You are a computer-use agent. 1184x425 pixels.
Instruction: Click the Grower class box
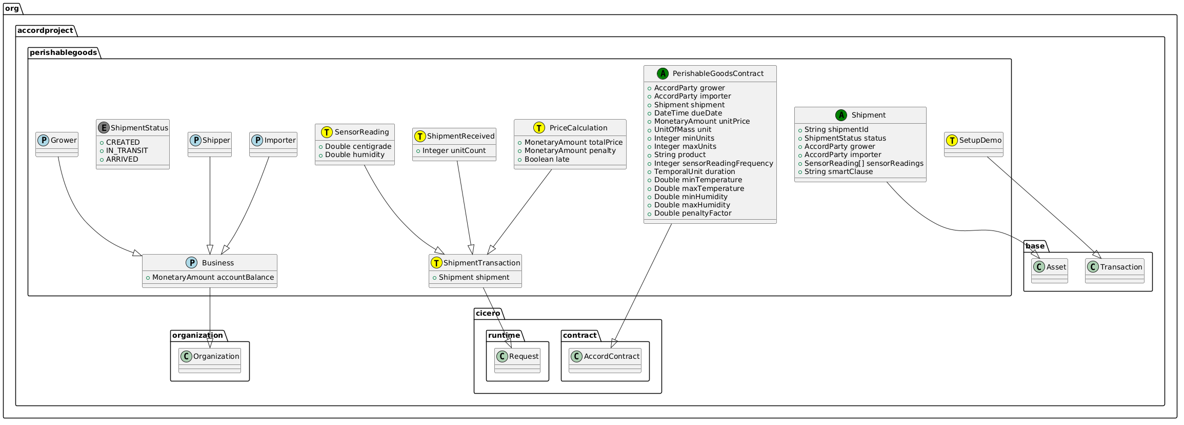57,144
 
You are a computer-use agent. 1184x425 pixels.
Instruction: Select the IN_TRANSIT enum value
127,150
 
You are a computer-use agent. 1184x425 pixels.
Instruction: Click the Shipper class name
216,140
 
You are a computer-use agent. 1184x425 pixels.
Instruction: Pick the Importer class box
273,144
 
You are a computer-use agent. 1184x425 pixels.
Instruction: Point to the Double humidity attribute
355,154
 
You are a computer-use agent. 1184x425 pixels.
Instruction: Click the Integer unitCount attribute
454,150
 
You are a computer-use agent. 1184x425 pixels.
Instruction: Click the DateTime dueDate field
688,113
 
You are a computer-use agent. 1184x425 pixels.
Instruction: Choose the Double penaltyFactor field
693,213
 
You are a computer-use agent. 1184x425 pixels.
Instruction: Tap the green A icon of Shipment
841,115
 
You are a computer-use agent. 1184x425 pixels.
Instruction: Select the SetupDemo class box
973,144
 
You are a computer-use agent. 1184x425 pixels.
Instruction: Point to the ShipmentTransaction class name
481,263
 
